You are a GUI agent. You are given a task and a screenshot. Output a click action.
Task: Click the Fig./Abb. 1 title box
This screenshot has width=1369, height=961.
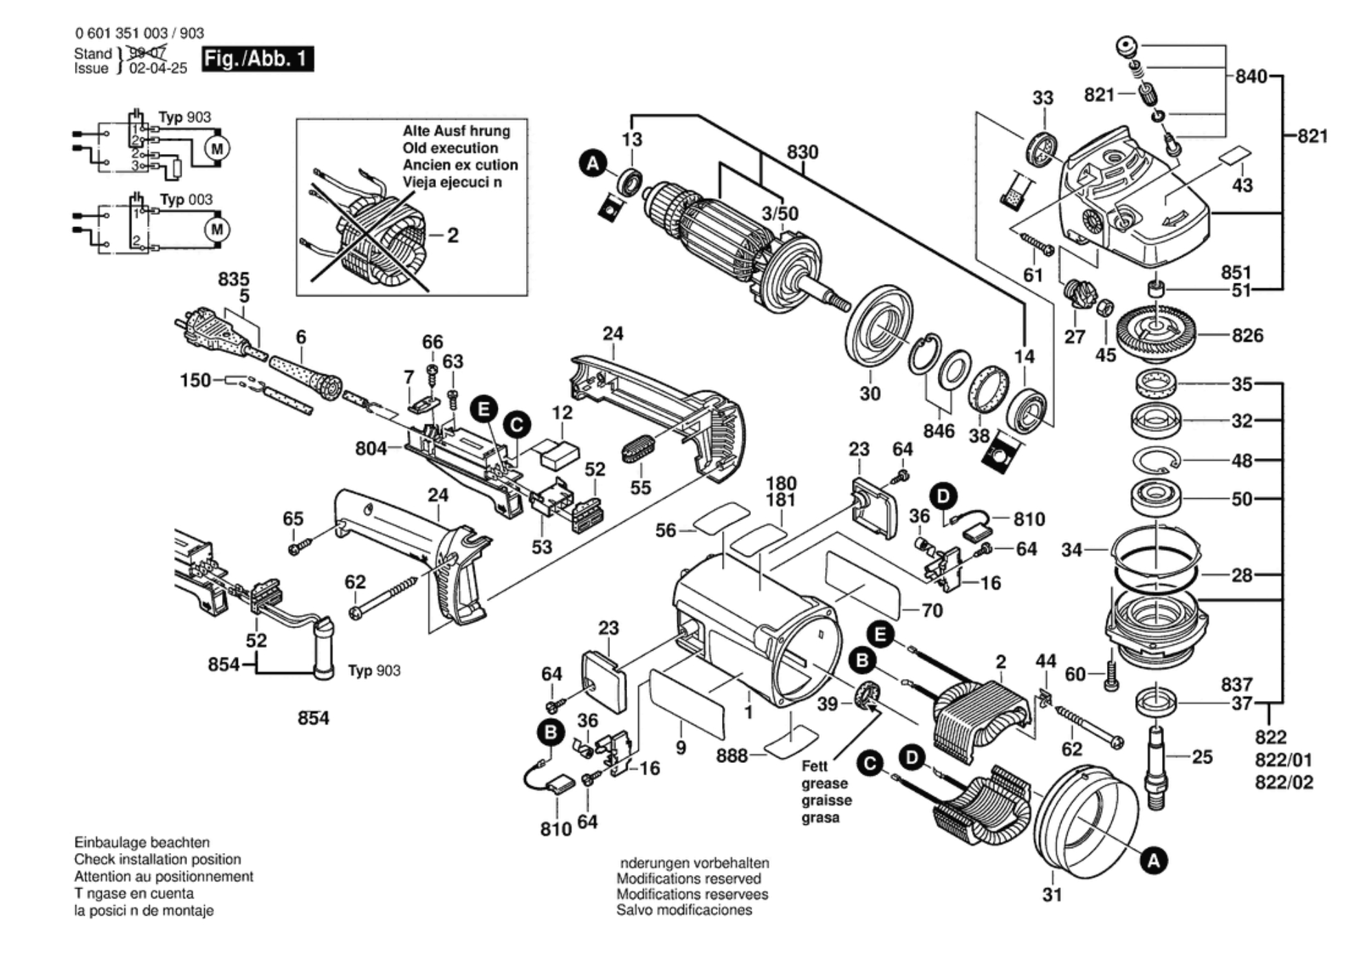(257, 59)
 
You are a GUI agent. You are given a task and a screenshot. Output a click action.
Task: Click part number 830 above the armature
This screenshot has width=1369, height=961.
(802, 152)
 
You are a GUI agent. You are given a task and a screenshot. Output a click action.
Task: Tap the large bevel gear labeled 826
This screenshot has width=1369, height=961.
(1156, 334)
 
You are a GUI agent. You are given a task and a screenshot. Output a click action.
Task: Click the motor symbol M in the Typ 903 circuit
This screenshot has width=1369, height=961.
(217, 149)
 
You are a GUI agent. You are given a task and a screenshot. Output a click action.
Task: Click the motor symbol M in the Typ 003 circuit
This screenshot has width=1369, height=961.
(217, 229)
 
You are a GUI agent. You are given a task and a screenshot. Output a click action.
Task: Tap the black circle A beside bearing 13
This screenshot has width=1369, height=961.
(593, 164)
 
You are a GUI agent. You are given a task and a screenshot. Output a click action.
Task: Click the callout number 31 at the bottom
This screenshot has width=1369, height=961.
(1052, 894)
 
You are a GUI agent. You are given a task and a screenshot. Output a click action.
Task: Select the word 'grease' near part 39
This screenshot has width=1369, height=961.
(824, 784)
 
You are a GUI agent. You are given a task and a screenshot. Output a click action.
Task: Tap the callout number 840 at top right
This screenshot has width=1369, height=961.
(1251, 76)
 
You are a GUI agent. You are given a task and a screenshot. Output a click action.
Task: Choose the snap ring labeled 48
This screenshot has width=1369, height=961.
(1156, 460)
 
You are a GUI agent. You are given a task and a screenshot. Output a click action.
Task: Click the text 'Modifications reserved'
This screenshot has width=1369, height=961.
(688, 878)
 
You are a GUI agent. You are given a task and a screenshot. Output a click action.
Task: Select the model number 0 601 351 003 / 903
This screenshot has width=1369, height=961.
(139, 33)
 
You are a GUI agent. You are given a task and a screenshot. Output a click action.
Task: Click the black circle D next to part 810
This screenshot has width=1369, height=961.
(943, 497)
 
